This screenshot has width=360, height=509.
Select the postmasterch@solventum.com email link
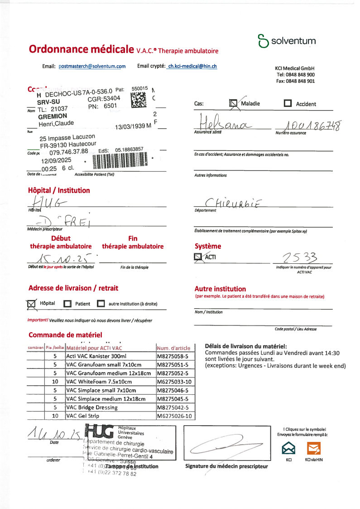[x=92, y=66]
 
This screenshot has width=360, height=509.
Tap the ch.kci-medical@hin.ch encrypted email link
[x=192, y=66]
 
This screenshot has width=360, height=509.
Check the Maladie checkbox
[x=234, y=104]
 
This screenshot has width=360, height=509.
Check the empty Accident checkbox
[x=288, y=104]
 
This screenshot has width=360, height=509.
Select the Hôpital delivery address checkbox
[x=32, y=304]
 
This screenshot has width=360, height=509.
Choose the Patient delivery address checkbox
[x=67, y=304]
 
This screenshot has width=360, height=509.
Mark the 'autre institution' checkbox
[x=101, y=304]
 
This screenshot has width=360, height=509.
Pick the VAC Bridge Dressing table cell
[x=110, y=407]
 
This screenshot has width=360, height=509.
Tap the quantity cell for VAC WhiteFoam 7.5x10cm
[x=55, y=382]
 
